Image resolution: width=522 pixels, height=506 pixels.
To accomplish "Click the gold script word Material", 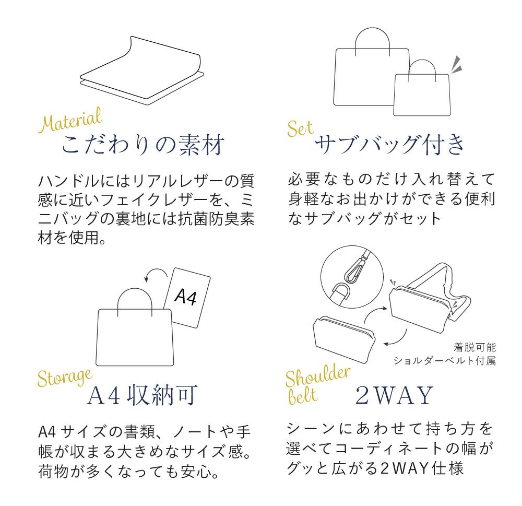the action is (x=70, y=120).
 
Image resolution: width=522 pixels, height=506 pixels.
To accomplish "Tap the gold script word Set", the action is (x=300, y=128).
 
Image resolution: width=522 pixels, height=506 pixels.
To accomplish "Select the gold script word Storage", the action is (x=65, y=378).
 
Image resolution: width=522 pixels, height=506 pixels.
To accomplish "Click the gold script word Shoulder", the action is (x=317, y=376).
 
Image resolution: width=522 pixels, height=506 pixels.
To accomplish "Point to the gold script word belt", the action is (x=303, y=396).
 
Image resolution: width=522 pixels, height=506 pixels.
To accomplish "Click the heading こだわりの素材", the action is (x=143, y=145).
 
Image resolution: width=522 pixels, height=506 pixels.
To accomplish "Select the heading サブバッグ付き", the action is (x=389, y=145).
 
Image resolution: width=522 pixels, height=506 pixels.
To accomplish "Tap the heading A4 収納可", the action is (x=143, y=395).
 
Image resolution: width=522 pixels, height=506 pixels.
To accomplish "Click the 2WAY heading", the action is (x=394, y=395).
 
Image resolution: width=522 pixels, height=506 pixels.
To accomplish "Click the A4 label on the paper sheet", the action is (x=186, y=296).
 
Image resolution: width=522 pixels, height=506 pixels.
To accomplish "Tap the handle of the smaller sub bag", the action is (x=422, y=61).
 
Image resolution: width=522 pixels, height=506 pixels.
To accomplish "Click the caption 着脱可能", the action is (x=474, y=347).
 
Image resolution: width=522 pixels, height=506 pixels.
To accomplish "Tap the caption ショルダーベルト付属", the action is (x=445, y=360).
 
